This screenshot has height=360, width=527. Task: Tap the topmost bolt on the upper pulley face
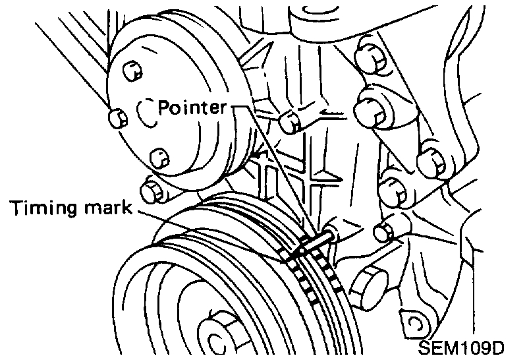pyautogui.click(x=132, y=69)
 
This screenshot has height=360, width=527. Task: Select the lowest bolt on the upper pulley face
pyautogui.click(x=159, y=157)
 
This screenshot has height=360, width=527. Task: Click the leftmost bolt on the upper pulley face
pyautogui.click(x=117, y=119)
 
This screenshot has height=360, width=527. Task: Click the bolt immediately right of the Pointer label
pyautogui.click(x=287, y=120)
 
